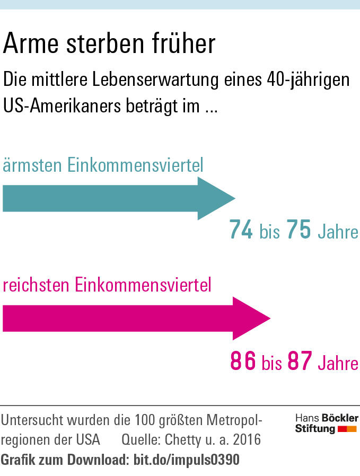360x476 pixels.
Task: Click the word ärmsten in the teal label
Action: click(32, 165)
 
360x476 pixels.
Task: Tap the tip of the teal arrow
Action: click(234, 199)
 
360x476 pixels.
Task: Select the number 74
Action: click(241, 231)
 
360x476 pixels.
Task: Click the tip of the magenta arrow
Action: click(269, 319)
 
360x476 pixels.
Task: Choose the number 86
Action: click(243, 362)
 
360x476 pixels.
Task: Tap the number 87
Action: click(300, 362)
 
